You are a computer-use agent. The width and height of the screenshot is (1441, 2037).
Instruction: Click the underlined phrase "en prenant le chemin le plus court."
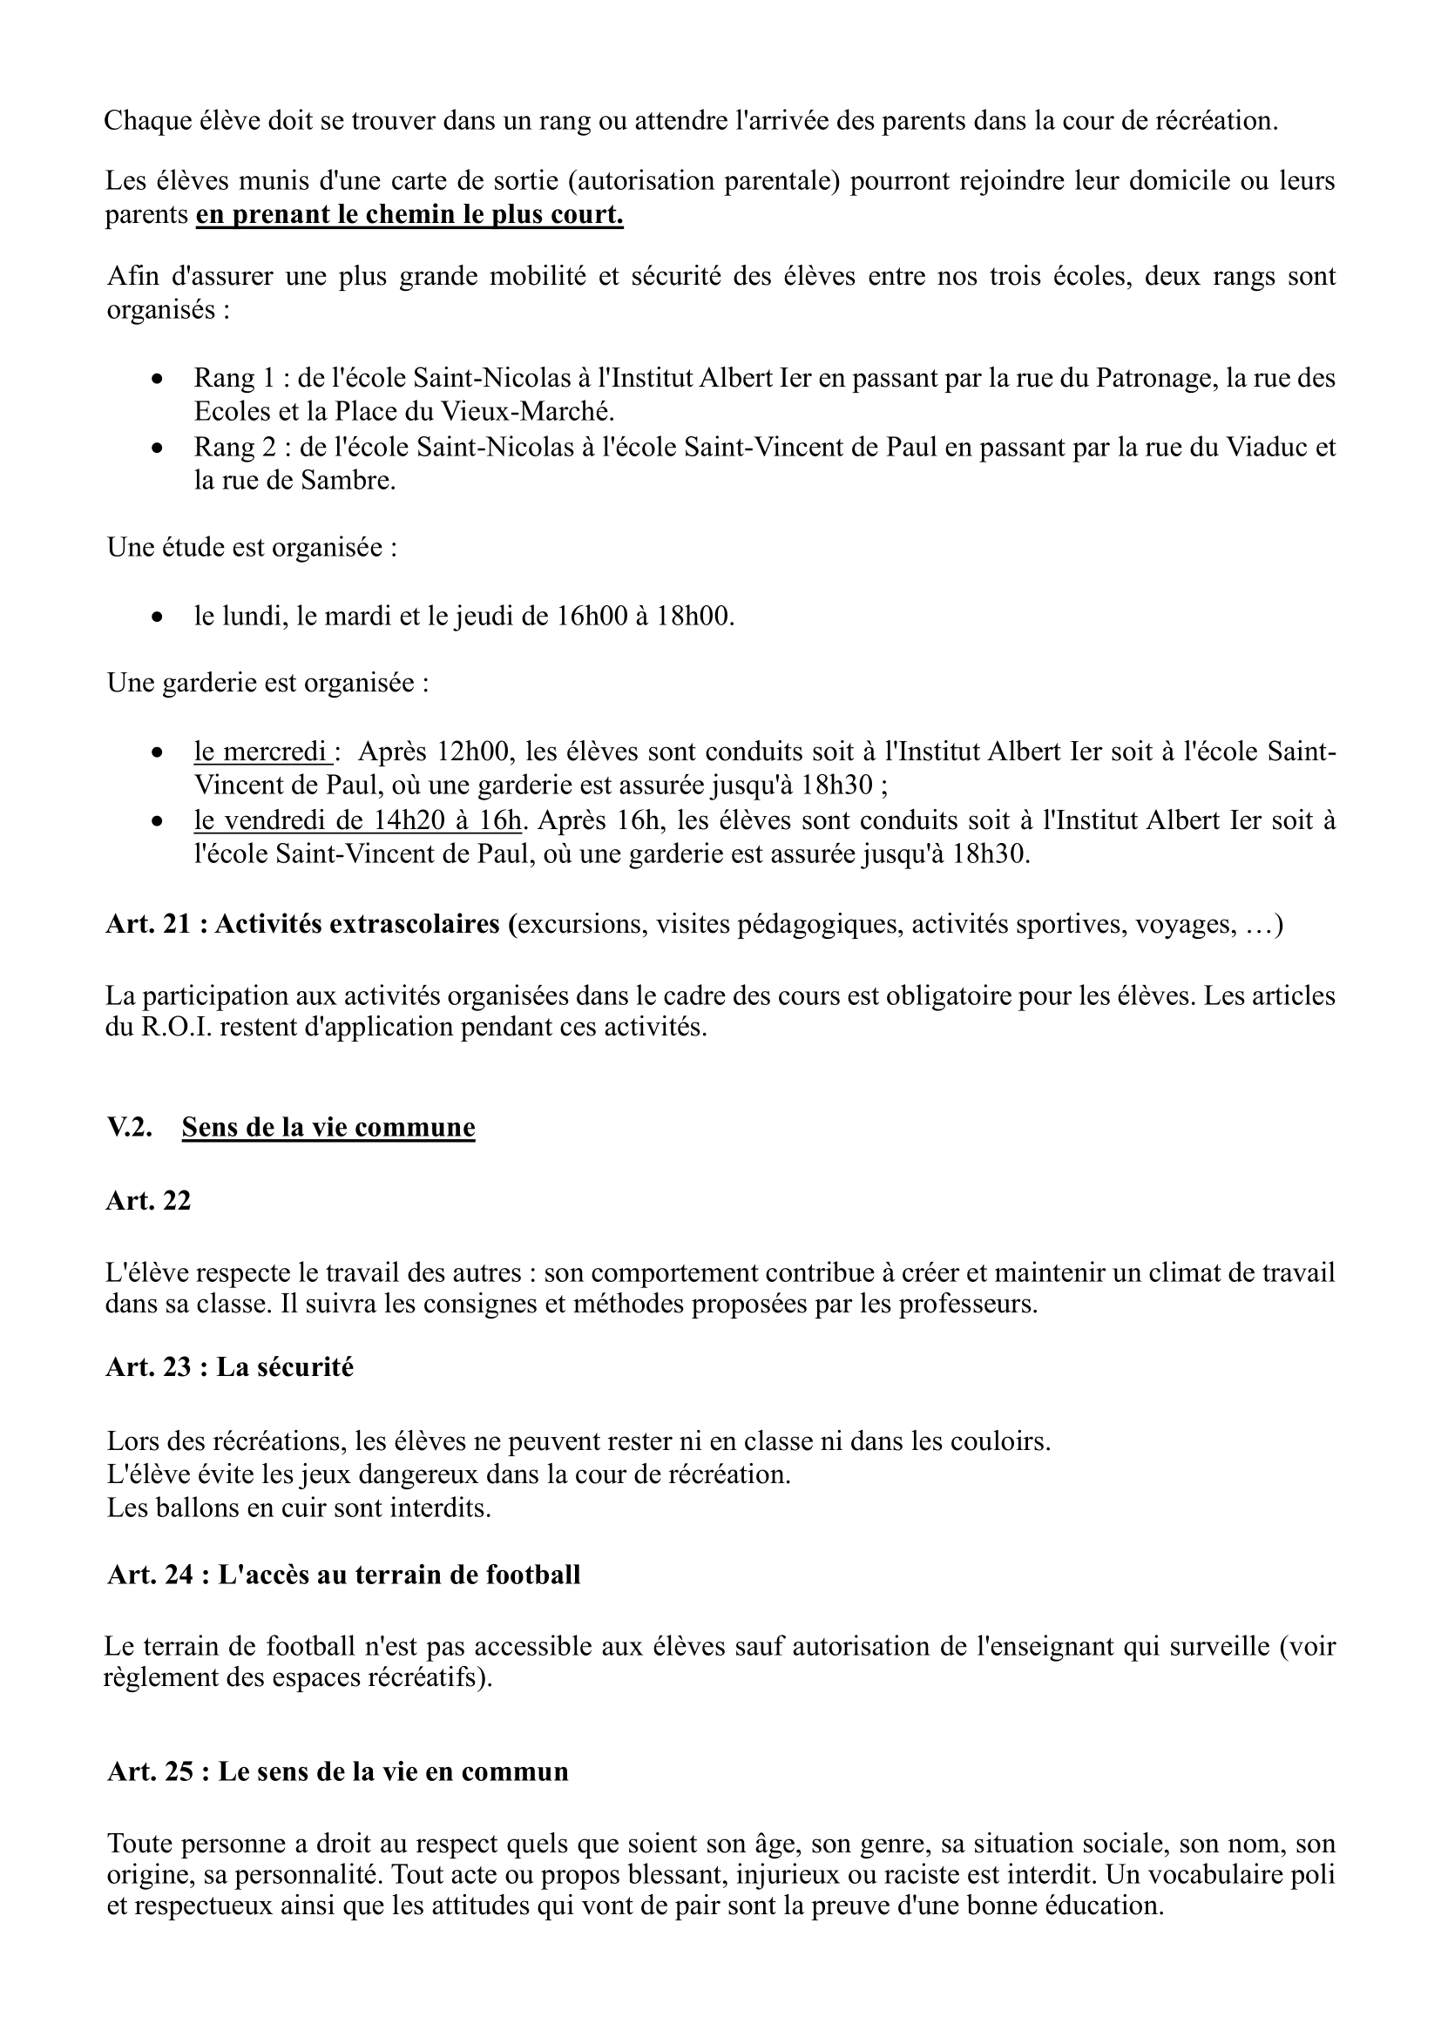click(409, 216)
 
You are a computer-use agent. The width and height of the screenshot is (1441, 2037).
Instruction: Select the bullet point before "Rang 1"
click(157, 379)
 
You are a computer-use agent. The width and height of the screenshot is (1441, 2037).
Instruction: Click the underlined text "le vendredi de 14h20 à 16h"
click(357, 820)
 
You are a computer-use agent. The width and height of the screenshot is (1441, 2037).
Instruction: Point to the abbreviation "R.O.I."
click(177, 1029)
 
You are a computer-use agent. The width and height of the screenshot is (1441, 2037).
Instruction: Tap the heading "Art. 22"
click(148, 1200)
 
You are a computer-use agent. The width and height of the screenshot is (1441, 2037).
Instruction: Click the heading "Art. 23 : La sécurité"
click(229, 1367)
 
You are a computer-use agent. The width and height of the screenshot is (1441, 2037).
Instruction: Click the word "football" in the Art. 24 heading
click(533, 1575)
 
